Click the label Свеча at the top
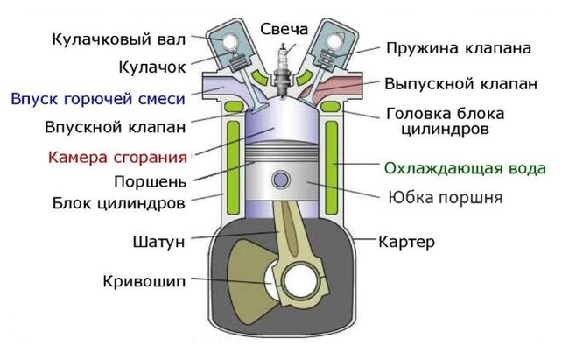coord(284,29)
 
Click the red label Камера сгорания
coord(117,159)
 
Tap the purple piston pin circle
coord(281,180)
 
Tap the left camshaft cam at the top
coord(231,40)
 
